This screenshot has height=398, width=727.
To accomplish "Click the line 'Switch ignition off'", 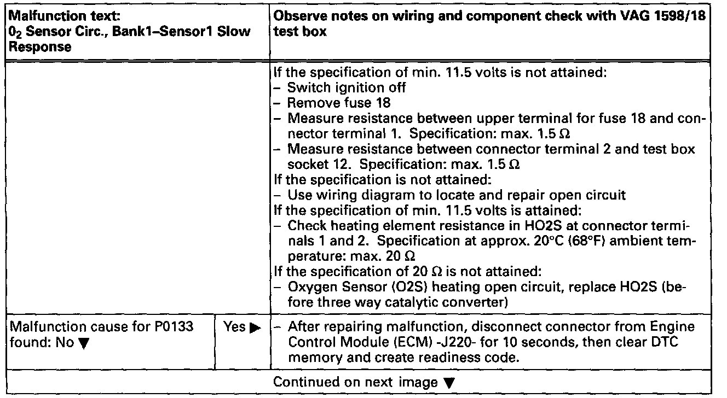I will tap(347, 88).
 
